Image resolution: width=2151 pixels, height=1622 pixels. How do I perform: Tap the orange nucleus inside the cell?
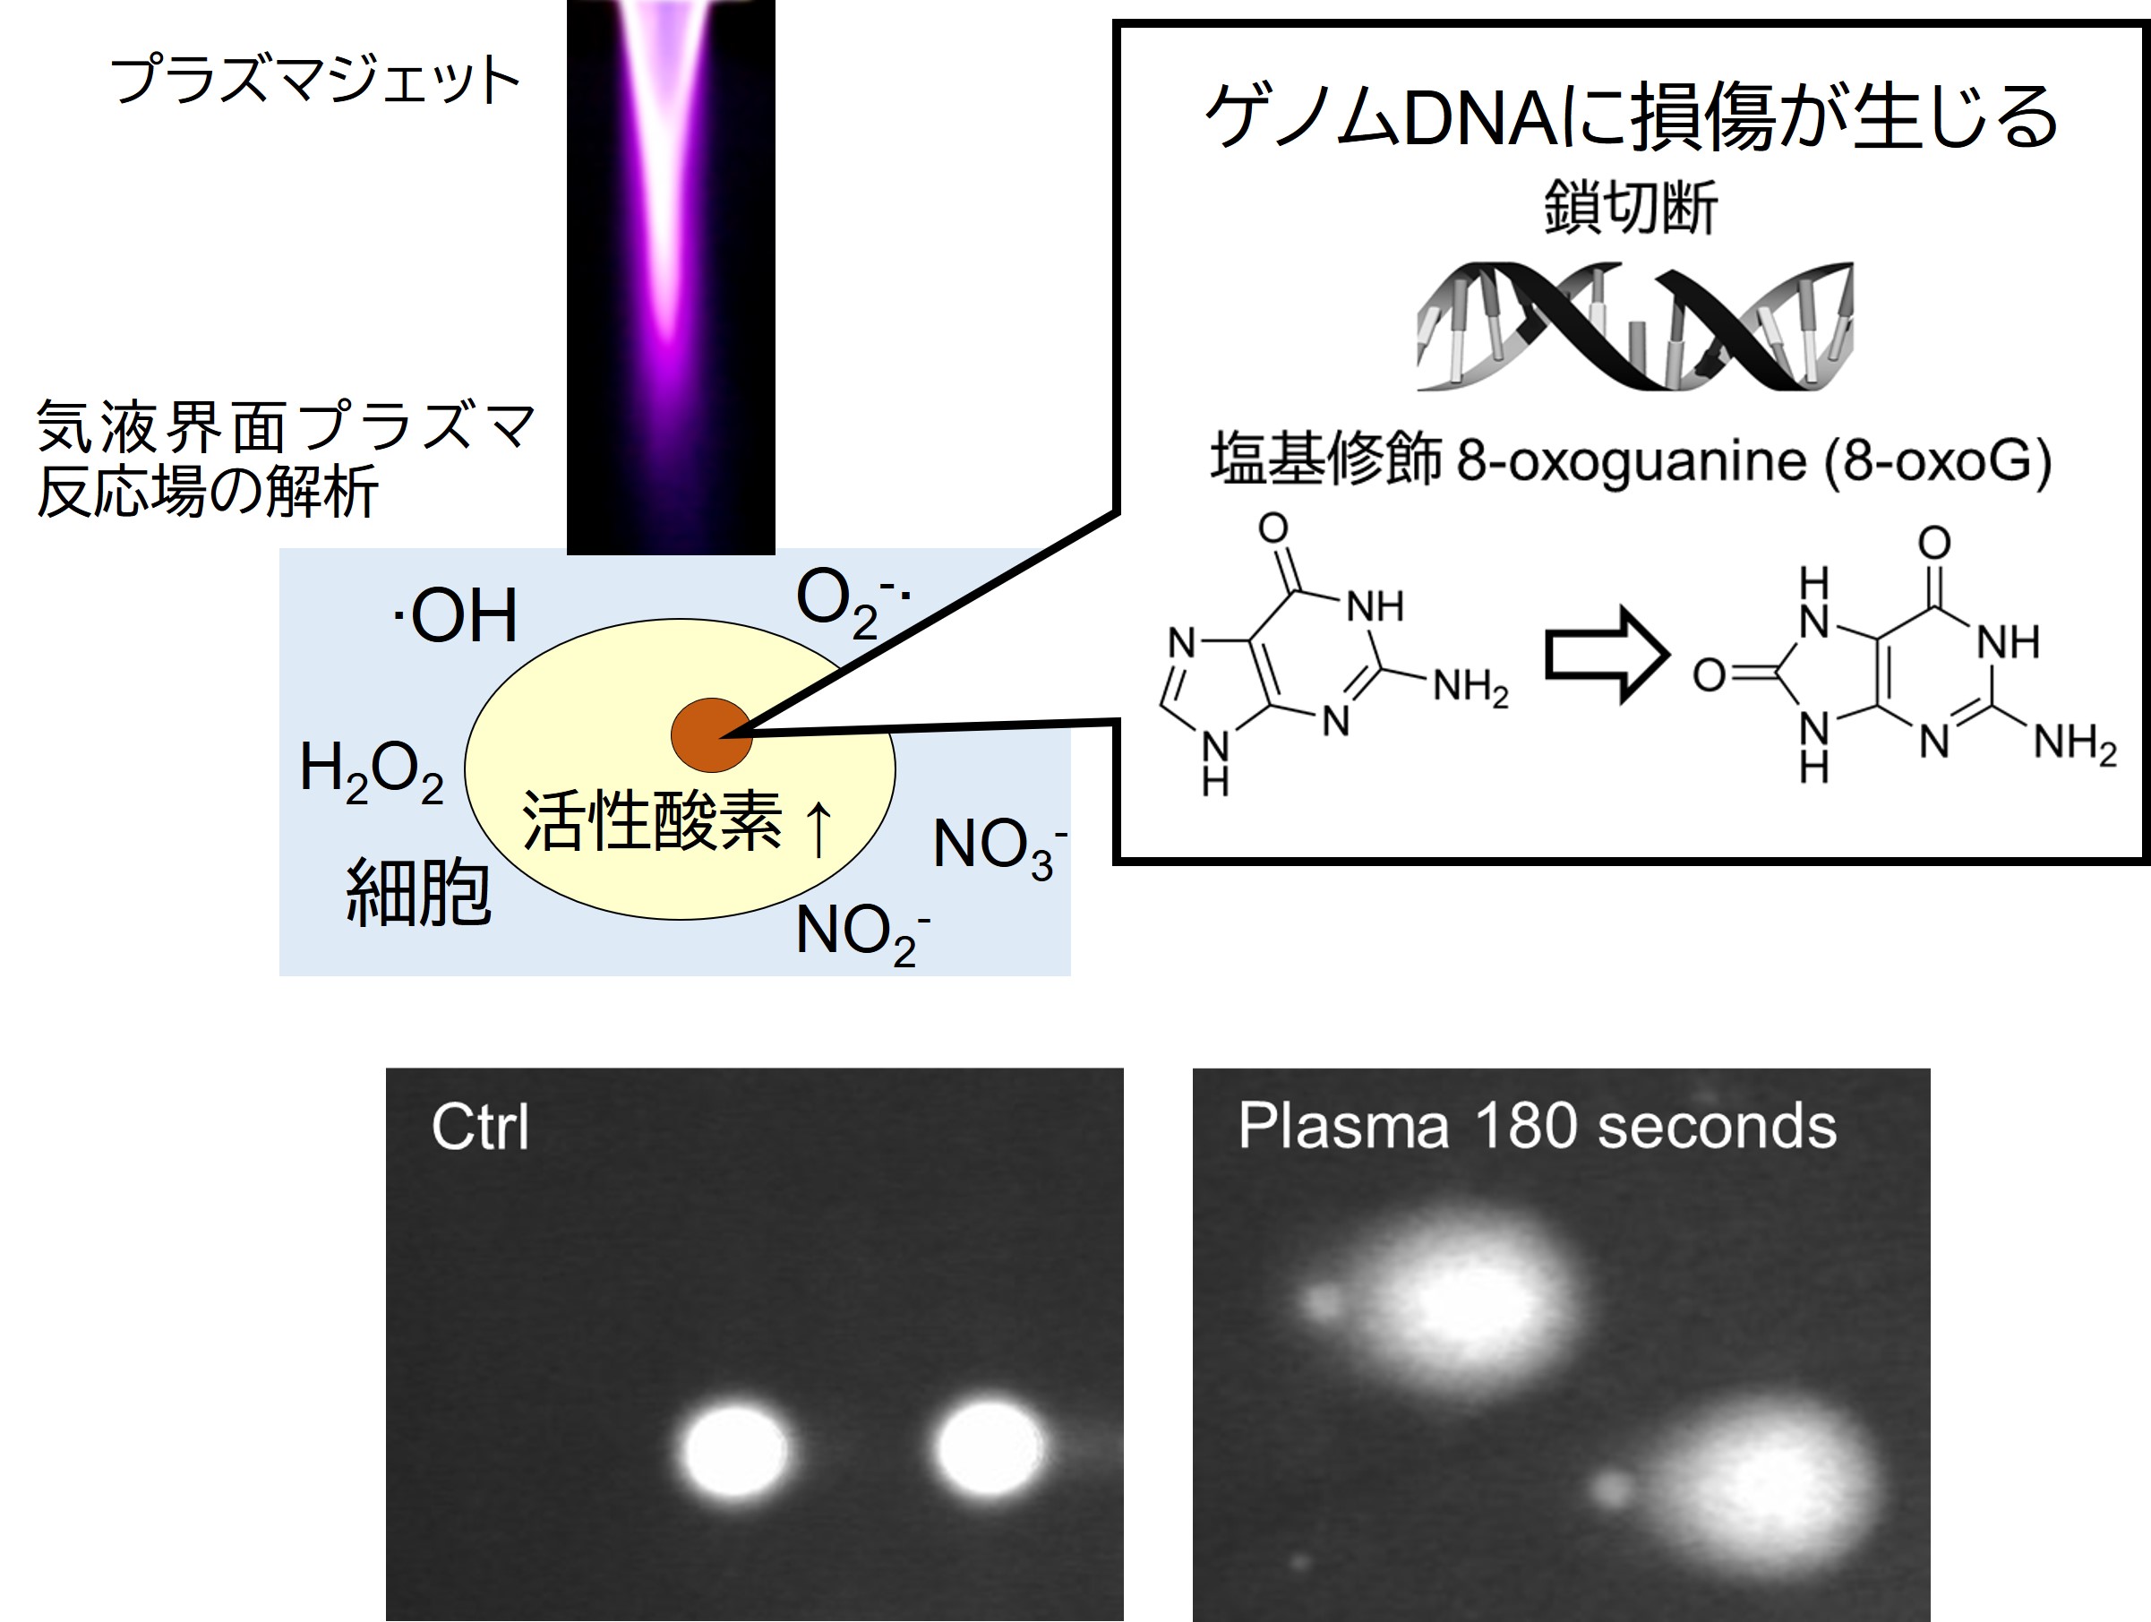point(712,735)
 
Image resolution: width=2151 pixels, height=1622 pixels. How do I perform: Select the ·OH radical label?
point(455,615)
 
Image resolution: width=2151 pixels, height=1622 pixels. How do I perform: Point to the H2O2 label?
point(372,770)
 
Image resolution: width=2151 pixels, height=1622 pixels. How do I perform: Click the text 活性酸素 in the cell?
point(652,821)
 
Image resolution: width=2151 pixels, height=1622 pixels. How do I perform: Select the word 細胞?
point(418,893)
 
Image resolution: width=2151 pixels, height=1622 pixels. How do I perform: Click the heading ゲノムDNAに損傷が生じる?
point(1631,116)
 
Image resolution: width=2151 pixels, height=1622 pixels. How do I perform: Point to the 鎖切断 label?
point(1631,207)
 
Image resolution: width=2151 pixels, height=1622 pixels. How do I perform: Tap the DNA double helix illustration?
point(1633,326)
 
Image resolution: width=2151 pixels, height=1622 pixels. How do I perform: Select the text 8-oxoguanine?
point(1631,460)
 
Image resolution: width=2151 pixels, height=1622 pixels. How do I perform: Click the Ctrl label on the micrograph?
point(479,1128)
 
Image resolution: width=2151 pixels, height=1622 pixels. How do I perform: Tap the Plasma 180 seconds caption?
point(1537,1127)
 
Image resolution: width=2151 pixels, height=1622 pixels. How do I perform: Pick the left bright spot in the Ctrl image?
point(735,1450)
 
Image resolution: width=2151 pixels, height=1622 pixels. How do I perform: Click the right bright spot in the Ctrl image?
point(989,1448)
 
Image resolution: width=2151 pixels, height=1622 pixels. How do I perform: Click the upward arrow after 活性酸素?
point(818,828)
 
